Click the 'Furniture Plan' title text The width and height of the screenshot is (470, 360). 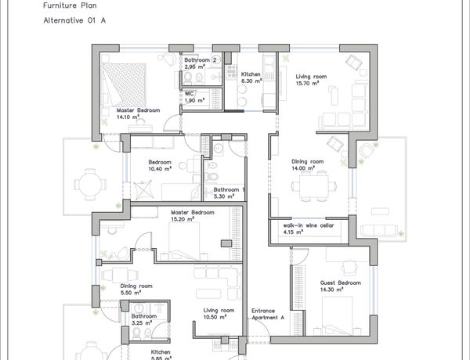[70, 5]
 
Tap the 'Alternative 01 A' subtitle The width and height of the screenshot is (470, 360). [74, 20]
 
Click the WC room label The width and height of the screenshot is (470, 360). [189, 94]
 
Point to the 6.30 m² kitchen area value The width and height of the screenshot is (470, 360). [251, 81]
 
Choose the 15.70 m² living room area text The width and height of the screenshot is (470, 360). [307, 83]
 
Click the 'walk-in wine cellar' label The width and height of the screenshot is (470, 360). [309, 225]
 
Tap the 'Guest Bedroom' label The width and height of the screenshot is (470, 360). [341, 283]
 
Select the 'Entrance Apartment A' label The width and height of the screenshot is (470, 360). [268, 314]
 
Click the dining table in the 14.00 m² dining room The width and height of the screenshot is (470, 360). [314, 186]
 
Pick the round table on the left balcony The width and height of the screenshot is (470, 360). [90, 185]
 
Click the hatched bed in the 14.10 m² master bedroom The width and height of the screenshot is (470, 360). [124, 85]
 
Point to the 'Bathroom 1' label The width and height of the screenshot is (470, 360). [229, 189]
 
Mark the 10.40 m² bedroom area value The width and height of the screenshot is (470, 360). [160, 169]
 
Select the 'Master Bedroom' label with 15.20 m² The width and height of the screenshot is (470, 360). [193, 212]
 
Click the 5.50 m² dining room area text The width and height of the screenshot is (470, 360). [131, 293]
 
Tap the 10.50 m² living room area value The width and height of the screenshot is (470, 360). [215, 317]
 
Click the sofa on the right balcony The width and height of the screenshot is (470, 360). [379, 231]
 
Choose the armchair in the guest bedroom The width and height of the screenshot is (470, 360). [349, 268]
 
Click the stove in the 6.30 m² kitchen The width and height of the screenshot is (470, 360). [231, 73]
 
